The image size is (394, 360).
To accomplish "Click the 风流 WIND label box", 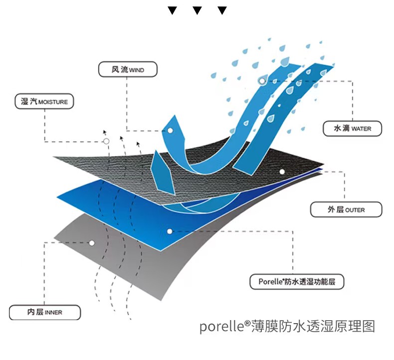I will (x=128, y=70).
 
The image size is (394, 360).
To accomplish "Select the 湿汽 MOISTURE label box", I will (x=44, y=102).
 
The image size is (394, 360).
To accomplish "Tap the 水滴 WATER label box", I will (x=353, y=128).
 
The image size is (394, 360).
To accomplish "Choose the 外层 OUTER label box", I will (x=346, y=209).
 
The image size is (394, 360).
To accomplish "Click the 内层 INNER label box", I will (x=44, y=312).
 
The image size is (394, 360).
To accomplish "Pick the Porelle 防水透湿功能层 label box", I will (x=297, y=282).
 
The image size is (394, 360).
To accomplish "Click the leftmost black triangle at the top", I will (x=173, y=10).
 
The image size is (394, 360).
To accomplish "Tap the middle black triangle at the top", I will (x=197, y=10).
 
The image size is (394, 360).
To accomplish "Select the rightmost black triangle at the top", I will (x=222, y=10).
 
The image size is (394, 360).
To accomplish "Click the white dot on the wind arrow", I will (x=170, y=130).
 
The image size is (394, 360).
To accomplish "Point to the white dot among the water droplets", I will (x=262, y=80).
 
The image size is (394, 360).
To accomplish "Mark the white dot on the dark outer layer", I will (x=282, y=172).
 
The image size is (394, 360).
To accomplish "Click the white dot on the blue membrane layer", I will (x=170, y=231).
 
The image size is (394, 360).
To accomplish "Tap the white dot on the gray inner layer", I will (x=92, y=243).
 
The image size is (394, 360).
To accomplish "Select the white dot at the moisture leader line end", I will (x=106, y=142).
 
